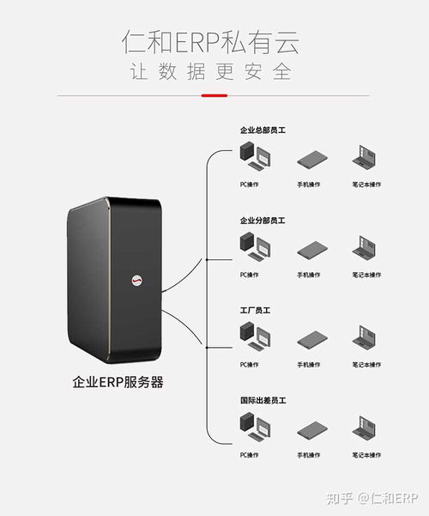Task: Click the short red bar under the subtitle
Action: coord(214,95)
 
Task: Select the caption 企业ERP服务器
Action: coord(118,382)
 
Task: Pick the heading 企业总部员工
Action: coord(263,131)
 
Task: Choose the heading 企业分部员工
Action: coord(263,221)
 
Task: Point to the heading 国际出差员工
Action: coord(263,400)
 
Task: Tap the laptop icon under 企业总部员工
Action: coord(366,158)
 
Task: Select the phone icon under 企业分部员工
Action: coord(309,249)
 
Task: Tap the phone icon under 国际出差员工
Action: coord(309,428)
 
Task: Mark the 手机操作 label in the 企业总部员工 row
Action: coord(309,185)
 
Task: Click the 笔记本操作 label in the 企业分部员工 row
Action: coord(366,275)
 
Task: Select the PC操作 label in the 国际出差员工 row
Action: coord(250,454)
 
